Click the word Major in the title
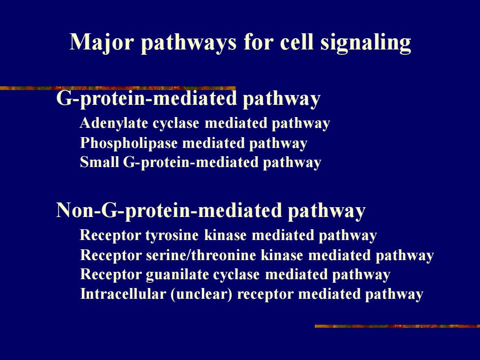[101, 42]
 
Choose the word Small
[99, 162]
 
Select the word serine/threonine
[201, 255]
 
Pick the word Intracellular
[123, 294]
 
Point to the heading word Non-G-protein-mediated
[168, 211]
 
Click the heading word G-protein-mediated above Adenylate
[146, 98]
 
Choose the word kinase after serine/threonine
[282, 255]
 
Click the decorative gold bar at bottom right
[397, 326]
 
